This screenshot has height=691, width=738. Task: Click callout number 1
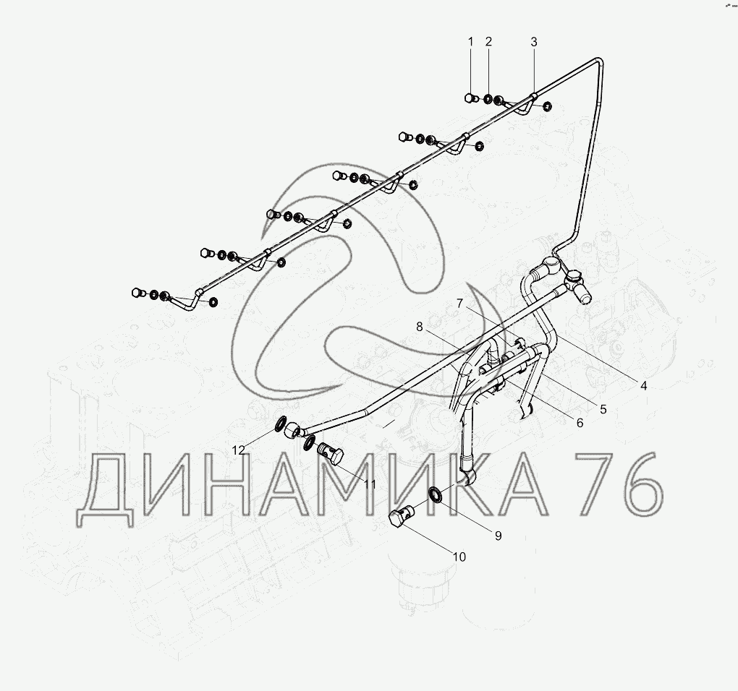pyautogui.click(x=470, y=42)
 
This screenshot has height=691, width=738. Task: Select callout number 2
pyautogui.click(x=488, y=42)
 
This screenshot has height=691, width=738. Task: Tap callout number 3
pyautogui.click(x=534, y=42)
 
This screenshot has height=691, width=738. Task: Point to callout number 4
pyautogui.click(x=643, y=385)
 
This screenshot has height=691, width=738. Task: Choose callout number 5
pyautogui.click(x=603, y=408)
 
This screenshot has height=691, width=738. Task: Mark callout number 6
pyautogui.click(x=579, y=423)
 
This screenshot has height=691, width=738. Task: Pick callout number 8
pyautogui.click(x=419, y=327)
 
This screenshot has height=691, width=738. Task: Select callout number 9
pyautogui.click(x=498, y=536)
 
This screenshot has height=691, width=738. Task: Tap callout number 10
pyautogui.click(x=459, y=557)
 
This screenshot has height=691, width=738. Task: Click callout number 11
pyautogui.click(x=370, y=484)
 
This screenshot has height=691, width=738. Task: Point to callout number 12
pyautogui.click(x=239, y=450)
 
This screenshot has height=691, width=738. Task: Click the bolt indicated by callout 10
pyautogui.click(x=399, y=518)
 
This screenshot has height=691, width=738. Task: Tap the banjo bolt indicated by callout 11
pyautogui.click(x=331, y=455)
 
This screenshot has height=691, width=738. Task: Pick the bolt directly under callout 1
pyautogui.click(x=471, y=98)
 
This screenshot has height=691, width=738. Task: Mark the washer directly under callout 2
pyautogui.click(x=488, y=99)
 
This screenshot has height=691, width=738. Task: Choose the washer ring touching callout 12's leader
pyautogui.click(x=279, y=424)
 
